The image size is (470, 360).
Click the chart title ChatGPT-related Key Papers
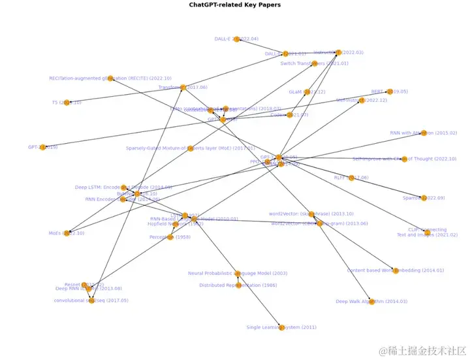pyautogui.click(x=234, y=5)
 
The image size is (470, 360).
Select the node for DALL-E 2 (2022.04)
pyautogui.click(x=237, y=39)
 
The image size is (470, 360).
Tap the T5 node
pyautogui.click(x=67, y=103)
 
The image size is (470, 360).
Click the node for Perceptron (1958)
pyautogui.click(x=171, y=237)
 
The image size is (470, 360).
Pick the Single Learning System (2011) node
pyautogui.click(x=281, y=327)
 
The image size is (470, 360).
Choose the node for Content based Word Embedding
pyautogui.click(x=395, y=270)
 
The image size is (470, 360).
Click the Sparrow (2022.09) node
pyautogui.click(x=423, y=197)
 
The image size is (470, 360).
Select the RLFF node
pyautogui.click(x=351, y=178)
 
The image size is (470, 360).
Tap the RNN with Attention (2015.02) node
pyautogui.click(x=423, y=133)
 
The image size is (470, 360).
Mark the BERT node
pyautogui.click(x=389, y=92)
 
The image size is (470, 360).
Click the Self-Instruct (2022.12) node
pyautogui.click(x=362, y=101)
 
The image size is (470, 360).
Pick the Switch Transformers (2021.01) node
pyautogui.click(x=314, y=63)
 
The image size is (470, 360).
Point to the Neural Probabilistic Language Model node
pyautogui.click(x=238, y=274)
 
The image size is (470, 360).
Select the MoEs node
pyautogui.click(x=67, y=233)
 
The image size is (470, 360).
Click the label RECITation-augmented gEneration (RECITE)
pyautogui.click(x=110, y=78)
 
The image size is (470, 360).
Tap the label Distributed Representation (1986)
pyautogui.click(x=238, y=286)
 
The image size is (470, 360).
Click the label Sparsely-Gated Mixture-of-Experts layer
pyautogui.click(x=190, y=148)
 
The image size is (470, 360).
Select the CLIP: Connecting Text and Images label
pyautogui.click(x=427, y=232)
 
